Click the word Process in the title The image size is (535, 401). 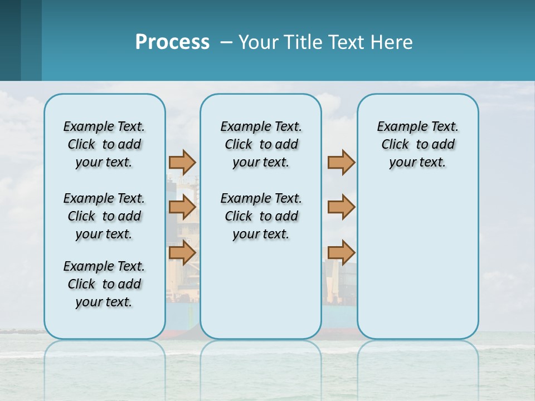[x=172, y=42]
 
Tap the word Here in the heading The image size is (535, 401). [x=391, y=42]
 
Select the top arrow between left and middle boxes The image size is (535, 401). [x=182, y=162]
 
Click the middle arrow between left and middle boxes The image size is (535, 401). [x=182, y=207]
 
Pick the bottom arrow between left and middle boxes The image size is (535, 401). [x=182, y=253]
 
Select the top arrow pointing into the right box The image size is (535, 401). [x=341, y=162]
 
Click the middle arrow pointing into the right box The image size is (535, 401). [x=341, y=207]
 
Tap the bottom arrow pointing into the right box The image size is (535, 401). [x=341, y=252]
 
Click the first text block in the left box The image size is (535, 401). [x=104, y=144]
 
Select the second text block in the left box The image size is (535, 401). [x=104, y=216]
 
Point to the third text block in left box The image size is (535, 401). [x=104, y=284]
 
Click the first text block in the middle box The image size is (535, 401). [x=261, y=144]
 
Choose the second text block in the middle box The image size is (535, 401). [x=261, y=216]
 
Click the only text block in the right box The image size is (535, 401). [x=417, y=144]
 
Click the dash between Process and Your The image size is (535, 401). [x=226, y=42]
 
